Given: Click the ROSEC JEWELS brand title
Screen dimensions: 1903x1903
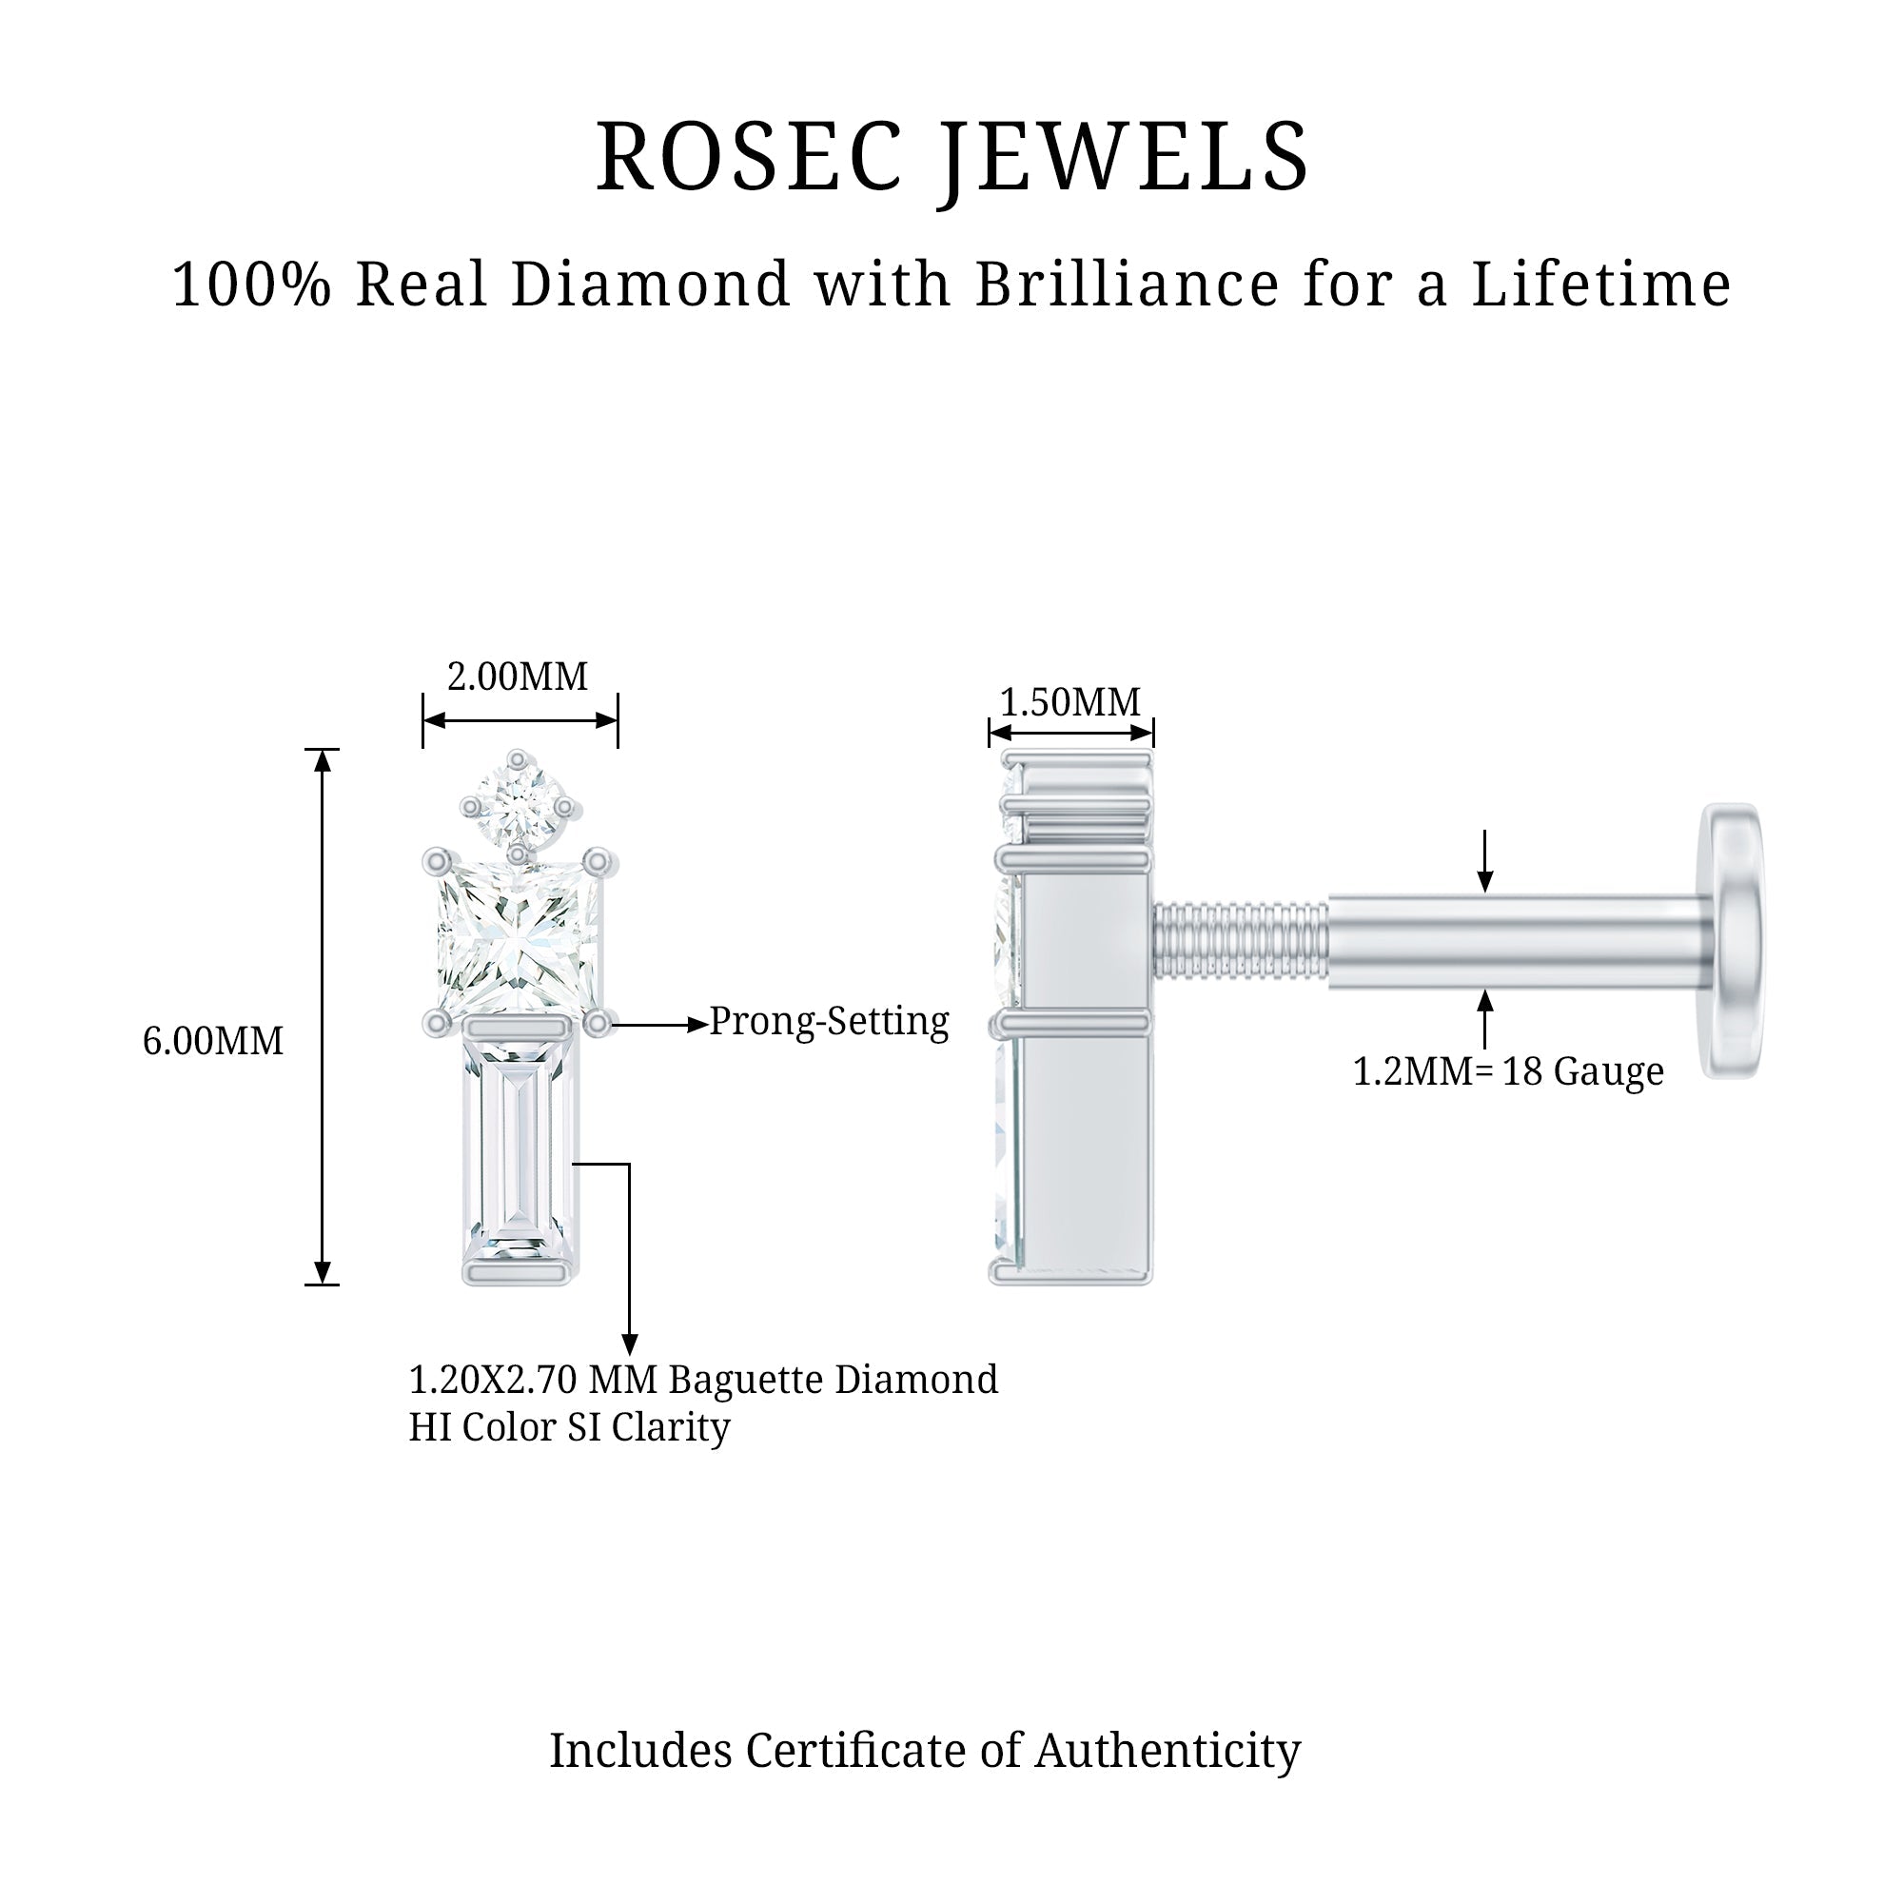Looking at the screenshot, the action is (x=951, y=158).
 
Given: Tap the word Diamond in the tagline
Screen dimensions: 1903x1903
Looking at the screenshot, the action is (x=651, y=284).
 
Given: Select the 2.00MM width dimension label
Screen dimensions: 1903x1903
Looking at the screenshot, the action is (x=517, y=677).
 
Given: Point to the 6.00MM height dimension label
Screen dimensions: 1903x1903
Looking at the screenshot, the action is (x=213, y=1041).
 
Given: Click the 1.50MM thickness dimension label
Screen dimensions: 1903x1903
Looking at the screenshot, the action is (x=1069, y=703).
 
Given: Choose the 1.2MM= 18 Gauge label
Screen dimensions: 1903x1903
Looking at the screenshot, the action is (x=1508, y=1071).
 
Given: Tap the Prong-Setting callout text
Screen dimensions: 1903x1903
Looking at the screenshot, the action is (x=830, y=1021).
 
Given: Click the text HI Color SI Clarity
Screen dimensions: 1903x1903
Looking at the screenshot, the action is (x=569, y=1427).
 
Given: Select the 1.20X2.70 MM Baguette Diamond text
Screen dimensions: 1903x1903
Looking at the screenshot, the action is (x=703, y=1380).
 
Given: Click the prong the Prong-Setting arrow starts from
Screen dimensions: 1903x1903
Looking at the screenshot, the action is (x=597, y=1025).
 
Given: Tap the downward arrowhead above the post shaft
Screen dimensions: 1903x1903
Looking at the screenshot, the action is (x=1485, y=882).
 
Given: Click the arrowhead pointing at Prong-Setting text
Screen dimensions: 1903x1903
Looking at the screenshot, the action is (x=696, y=1025).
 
